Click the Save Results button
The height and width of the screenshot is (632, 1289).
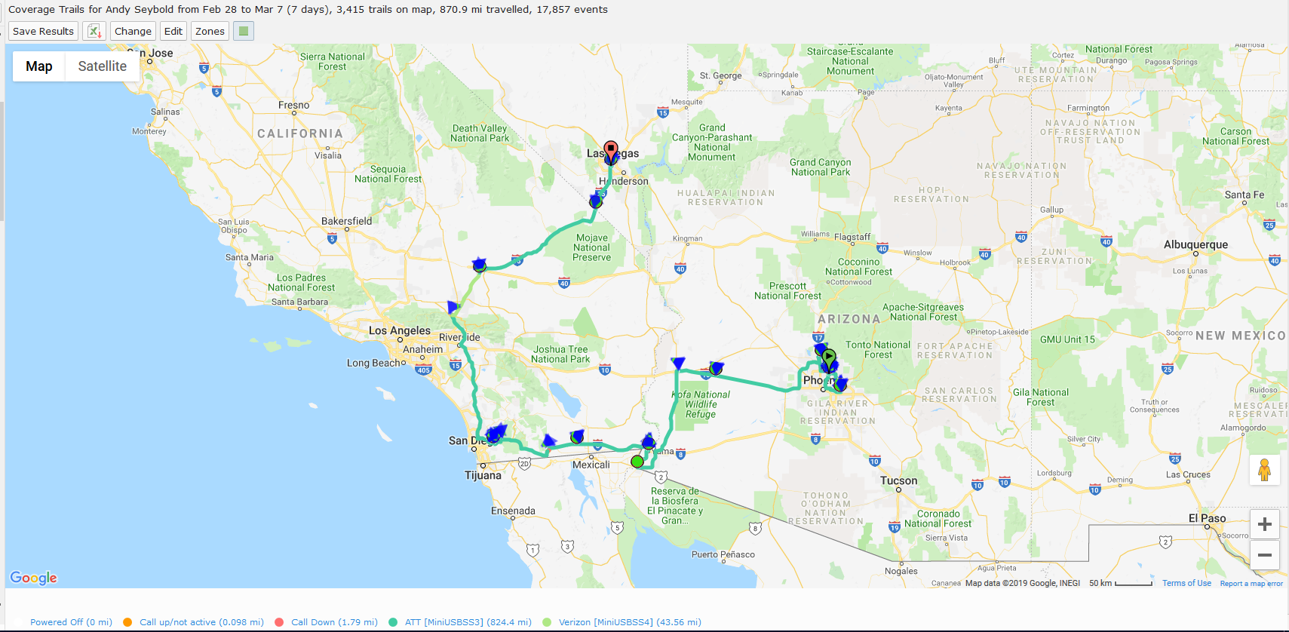coord(43,31)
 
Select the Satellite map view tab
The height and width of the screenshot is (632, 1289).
coord(102,66)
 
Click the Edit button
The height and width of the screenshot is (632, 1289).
coord(173,31)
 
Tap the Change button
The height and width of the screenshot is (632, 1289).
coord(133,31)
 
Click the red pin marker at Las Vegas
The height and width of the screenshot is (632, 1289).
coord(611,149)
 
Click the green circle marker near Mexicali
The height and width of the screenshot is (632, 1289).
coord(637,462)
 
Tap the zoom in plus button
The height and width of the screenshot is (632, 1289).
coord(1265,524)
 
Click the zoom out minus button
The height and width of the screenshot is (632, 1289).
coord(1265,555)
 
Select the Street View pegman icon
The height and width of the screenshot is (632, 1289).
coord(1265,470)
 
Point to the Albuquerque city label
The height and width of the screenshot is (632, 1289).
coord(1195,245)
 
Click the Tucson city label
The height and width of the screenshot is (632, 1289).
coord(898,480)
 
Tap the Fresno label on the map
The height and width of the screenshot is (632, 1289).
coord(293,105)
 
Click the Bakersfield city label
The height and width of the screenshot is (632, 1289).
coord(346,221)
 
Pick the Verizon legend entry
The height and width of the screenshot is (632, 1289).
coord(629,622)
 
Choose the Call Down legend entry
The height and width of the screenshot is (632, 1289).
coord(334,622)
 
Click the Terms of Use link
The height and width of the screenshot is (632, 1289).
coord(1186,583)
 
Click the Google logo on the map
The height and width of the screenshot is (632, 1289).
coord(33,578)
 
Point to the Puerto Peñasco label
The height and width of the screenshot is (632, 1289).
coord(723,554)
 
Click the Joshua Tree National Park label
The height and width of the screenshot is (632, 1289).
coord(561,354)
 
